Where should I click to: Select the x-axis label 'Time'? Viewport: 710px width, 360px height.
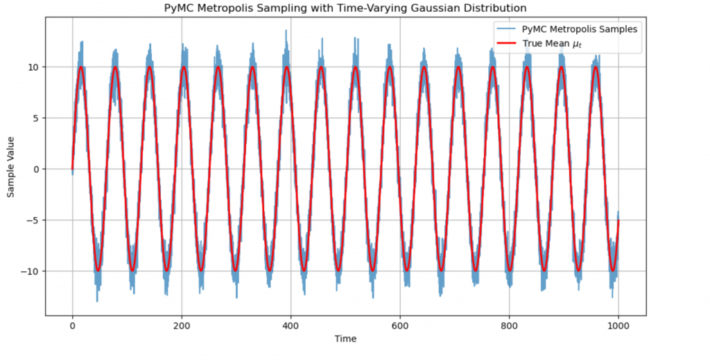pos(345,339)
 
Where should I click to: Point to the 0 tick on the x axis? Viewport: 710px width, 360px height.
pos(72,325)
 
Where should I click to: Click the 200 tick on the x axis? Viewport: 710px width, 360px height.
pos(181,325)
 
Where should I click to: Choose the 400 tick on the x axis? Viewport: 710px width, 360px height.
pos(291,325)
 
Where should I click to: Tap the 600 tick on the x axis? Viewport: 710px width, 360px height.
pos(399,325)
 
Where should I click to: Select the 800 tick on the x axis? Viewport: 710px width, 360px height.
pos(509,325)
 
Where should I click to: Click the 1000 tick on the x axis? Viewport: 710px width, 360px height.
pos(618,325)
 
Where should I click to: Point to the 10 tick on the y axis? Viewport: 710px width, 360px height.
pos(33,67)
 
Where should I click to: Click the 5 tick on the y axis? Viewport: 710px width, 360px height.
pos(36,118)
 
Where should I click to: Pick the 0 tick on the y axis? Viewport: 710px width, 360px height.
pos(36,169)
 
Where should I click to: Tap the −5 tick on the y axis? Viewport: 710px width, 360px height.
pos(33,221)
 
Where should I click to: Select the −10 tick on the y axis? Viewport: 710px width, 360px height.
pos(31,271)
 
